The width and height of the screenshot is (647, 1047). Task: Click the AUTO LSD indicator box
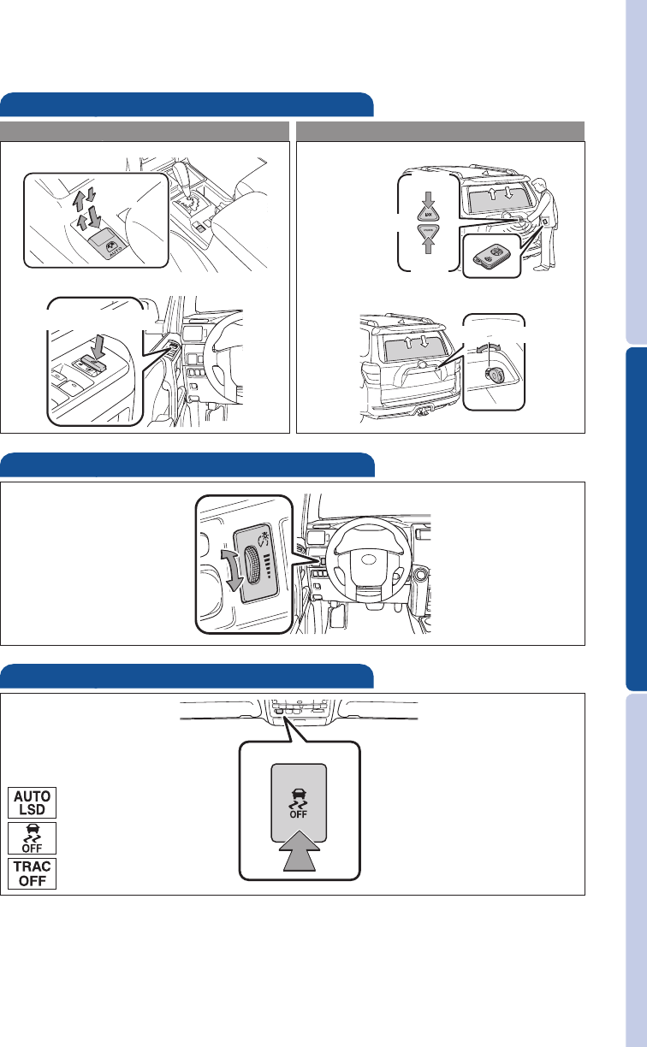(32, 802)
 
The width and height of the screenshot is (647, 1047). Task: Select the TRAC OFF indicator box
(32, 873)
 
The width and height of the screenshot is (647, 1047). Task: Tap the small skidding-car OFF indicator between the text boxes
(32, 838)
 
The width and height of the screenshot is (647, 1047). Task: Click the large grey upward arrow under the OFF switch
(301, 851)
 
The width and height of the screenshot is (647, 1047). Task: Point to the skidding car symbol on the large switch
(299, 799)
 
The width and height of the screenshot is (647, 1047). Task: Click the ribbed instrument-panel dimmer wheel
(252, 565)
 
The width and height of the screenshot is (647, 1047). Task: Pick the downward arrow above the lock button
(428, 199)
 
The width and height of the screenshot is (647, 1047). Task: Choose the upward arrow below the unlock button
(428, 245)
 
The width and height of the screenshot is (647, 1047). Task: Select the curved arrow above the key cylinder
(488, 346)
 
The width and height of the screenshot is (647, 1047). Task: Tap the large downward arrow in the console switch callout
(95, 216)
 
